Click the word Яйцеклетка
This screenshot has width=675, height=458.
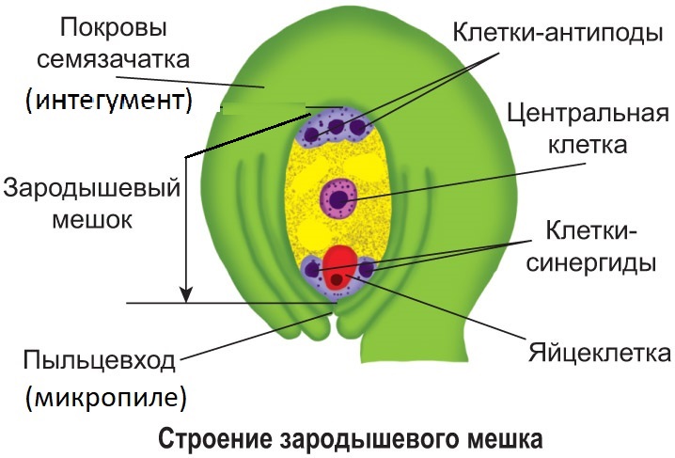coord(599,353)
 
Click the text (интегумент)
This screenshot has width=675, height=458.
coord(108,100)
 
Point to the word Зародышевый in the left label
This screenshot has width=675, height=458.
coord(92,187)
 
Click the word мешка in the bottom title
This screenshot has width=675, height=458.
coord(507,438)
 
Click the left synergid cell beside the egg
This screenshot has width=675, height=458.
coord(314,270)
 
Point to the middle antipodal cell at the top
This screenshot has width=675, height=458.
coord(335,124)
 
